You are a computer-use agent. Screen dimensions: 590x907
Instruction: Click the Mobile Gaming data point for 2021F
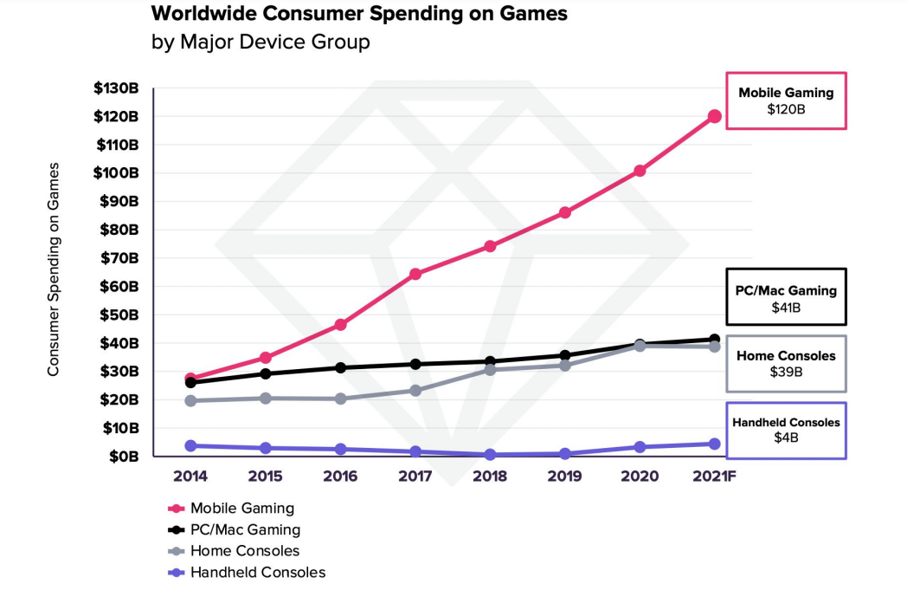pyautogui.click(x=715, y=116)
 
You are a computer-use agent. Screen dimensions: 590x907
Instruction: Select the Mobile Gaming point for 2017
pyautogui.click(x=415, y=274)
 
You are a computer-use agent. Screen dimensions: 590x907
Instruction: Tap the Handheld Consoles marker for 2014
pyautogui.click(x=190, y=445)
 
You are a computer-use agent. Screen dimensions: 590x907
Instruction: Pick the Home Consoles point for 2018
pyautogui.click(x=490, y=369)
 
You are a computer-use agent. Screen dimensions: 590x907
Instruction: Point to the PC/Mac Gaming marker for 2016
pyautogui.click(x=340, y=367)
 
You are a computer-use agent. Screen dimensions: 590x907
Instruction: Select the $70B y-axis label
pyautogui.click(x=119, y=258)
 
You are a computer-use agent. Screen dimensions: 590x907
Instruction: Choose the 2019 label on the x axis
pyautogui.click(x=564, y=477)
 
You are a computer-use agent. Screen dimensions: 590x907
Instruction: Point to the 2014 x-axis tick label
pyautogui.click(x=190, y=477)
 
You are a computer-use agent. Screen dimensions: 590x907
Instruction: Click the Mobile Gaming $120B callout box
pyautogui.click(x=785, y=100)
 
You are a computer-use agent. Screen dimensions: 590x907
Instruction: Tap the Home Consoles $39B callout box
pyautogui.click(x=785, y=363)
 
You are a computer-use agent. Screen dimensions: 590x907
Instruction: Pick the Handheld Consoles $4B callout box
pyautogui.click(x=785, y=430)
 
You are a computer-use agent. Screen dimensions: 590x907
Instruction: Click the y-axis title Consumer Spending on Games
pyautogui.click(x=54, y=269)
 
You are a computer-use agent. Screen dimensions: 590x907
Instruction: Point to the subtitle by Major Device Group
pyautogui.click(x=261, y=42)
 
